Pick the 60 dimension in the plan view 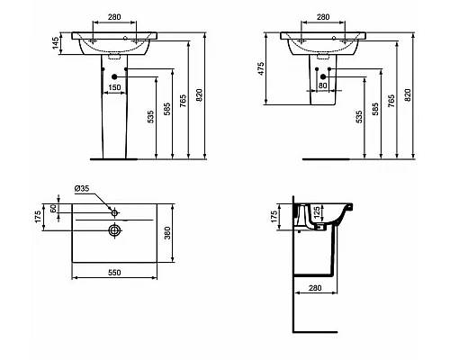point(54,209)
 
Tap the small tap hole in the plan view point(115,211)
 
